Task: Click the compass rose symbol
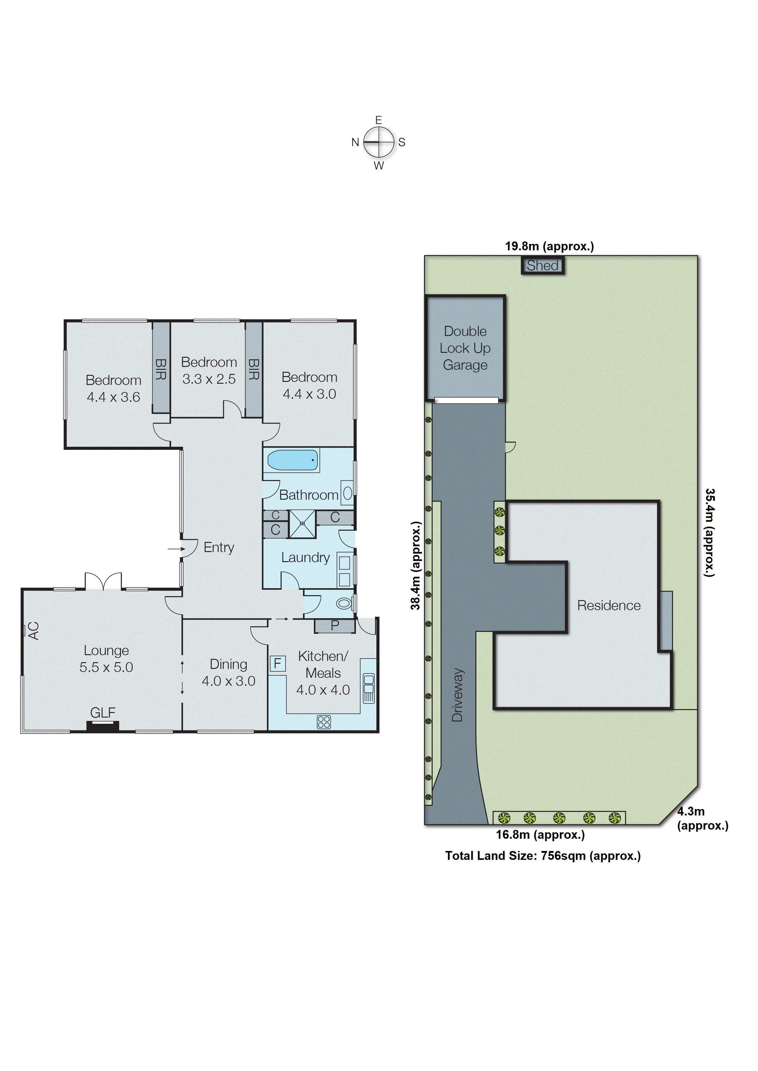click(x=379, y=142)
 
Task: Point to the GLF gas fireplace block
click(x=103, y=725)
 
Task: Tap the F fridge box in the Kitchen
click(x=277, y=663)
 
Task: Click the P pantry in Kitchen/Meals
click(x=335, y=626)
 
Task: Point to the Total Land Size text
click(x=542, y=856)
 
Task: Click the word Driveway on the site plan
click(x=457, y=695)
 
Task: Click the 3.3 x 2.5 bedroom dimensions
click(x=209, y=379)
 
